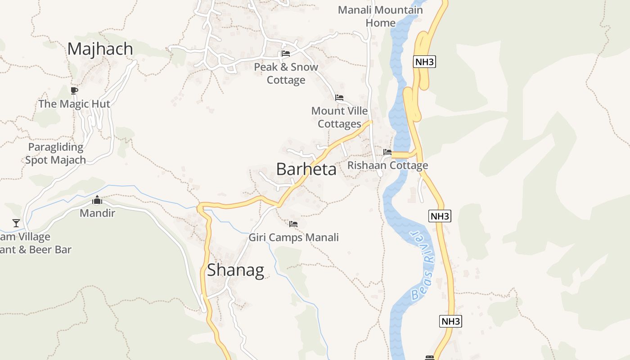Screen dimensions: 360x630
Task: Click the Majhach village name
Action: tap(100, 49)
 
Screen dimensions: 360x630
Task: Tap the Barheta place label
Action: tap(306, 169)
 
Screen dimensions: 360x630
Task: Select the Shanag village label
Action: tap(235, 270)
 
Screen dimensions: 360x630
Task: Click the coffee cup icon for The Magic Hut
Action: tap(74, 90)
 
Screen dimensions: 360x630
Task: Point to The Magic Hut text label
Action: tap(74, 104)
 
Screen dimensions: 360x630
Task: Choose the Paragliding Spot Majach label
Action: tap(55, 153)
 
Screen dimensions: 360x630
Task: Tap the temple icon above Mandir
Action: tap(97, 200)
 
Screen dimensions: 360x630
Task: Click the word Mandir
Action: tap(98, 213)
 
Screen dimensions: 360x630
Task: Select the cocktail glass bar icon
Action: tap(16, 223)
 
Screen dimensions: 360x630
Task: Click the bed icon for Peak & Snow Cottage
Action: tap(285, 54)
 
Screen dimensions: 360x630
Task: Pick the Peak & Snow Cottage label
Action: tap(286, 73)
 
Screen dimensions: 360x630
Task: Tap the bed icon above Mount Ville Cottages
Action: tap(339, 98)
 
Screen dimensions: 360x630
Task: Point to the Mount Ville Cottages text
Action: tap(340, 117)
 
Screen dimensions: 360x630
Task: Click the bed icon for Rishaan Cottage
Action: tap(387, 152)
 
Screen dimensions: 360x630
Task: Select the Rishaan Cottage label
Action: tap(387, 166)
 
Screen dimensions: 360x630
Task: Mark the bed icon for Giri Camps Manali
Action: tap(293, 224)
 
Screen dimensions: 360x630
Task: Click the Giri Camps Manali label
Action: tap(293, 237)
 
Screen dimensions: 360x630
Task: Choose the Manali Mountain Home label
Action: tap(380, 16)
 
